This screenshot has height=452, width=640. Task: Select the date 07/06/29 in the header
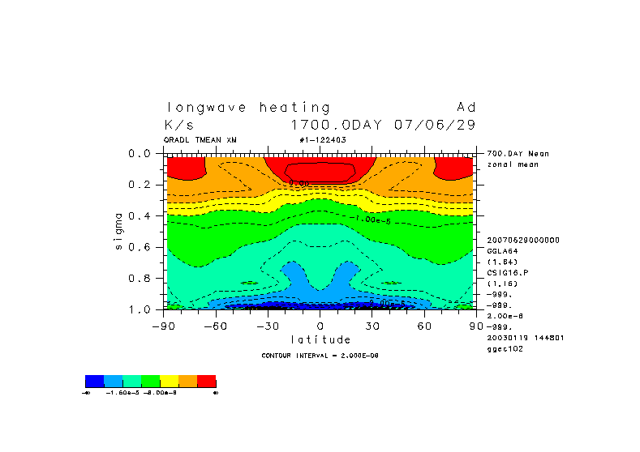(435, 126)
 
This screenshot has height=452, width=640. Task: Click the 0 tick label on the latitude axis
(320, 326)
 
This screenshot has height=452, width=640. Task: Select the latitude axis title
(320, 339)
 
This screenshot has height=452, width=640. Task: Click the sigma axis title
(118, 231)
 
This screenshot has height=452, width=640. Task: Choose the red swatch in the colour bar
(207, 381)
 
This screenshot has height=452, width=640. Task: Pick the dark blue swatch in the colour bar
(94, 381)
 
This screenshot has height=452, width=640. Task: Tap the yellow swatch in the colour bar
(170, 381)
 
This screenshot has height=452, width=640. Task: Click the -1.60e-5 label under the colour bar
(120, 393)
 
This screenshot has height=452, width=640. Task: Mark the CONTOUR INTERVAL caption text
(320, 356)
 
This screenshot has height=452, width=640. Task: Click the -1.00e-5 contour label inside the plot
(375, 220)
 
